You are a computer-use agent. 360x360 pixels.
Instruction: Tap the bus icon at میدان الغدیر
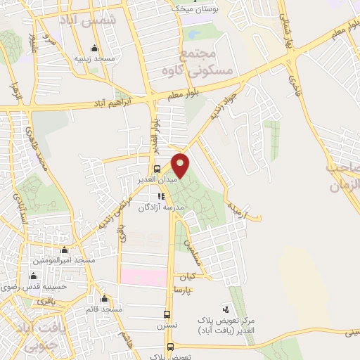pos(157,169)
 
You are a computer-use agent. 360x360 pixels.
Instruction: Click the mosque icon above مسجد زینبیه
pos(94,49)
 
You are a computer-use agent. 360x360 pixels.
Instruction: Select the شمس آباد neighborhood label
pos(87,20)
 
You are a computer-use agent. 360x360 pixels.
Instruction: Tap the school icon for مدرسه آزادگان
pos(160,196)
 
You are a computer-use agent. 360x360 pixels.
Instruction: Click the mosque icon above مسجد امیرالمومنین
pos(65,250)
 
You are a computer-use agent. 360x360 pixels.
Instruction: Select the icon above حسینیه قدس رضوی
pos(32,276)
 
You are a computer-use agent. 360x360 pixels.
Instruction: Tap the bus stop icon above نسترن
pos(167,314)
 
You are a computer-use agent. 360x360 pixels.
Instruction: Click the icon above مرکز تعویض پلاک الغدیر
pos(226,309)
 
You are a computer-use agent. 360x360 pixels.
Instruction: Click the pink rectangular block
pos(143,276)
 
